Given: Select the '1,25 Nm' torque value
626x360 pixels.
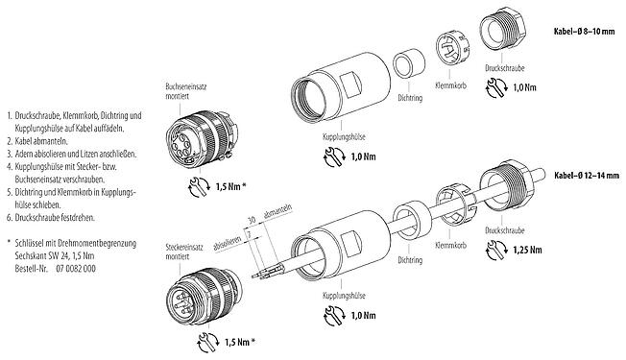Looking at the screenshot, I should click(523, 279).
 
